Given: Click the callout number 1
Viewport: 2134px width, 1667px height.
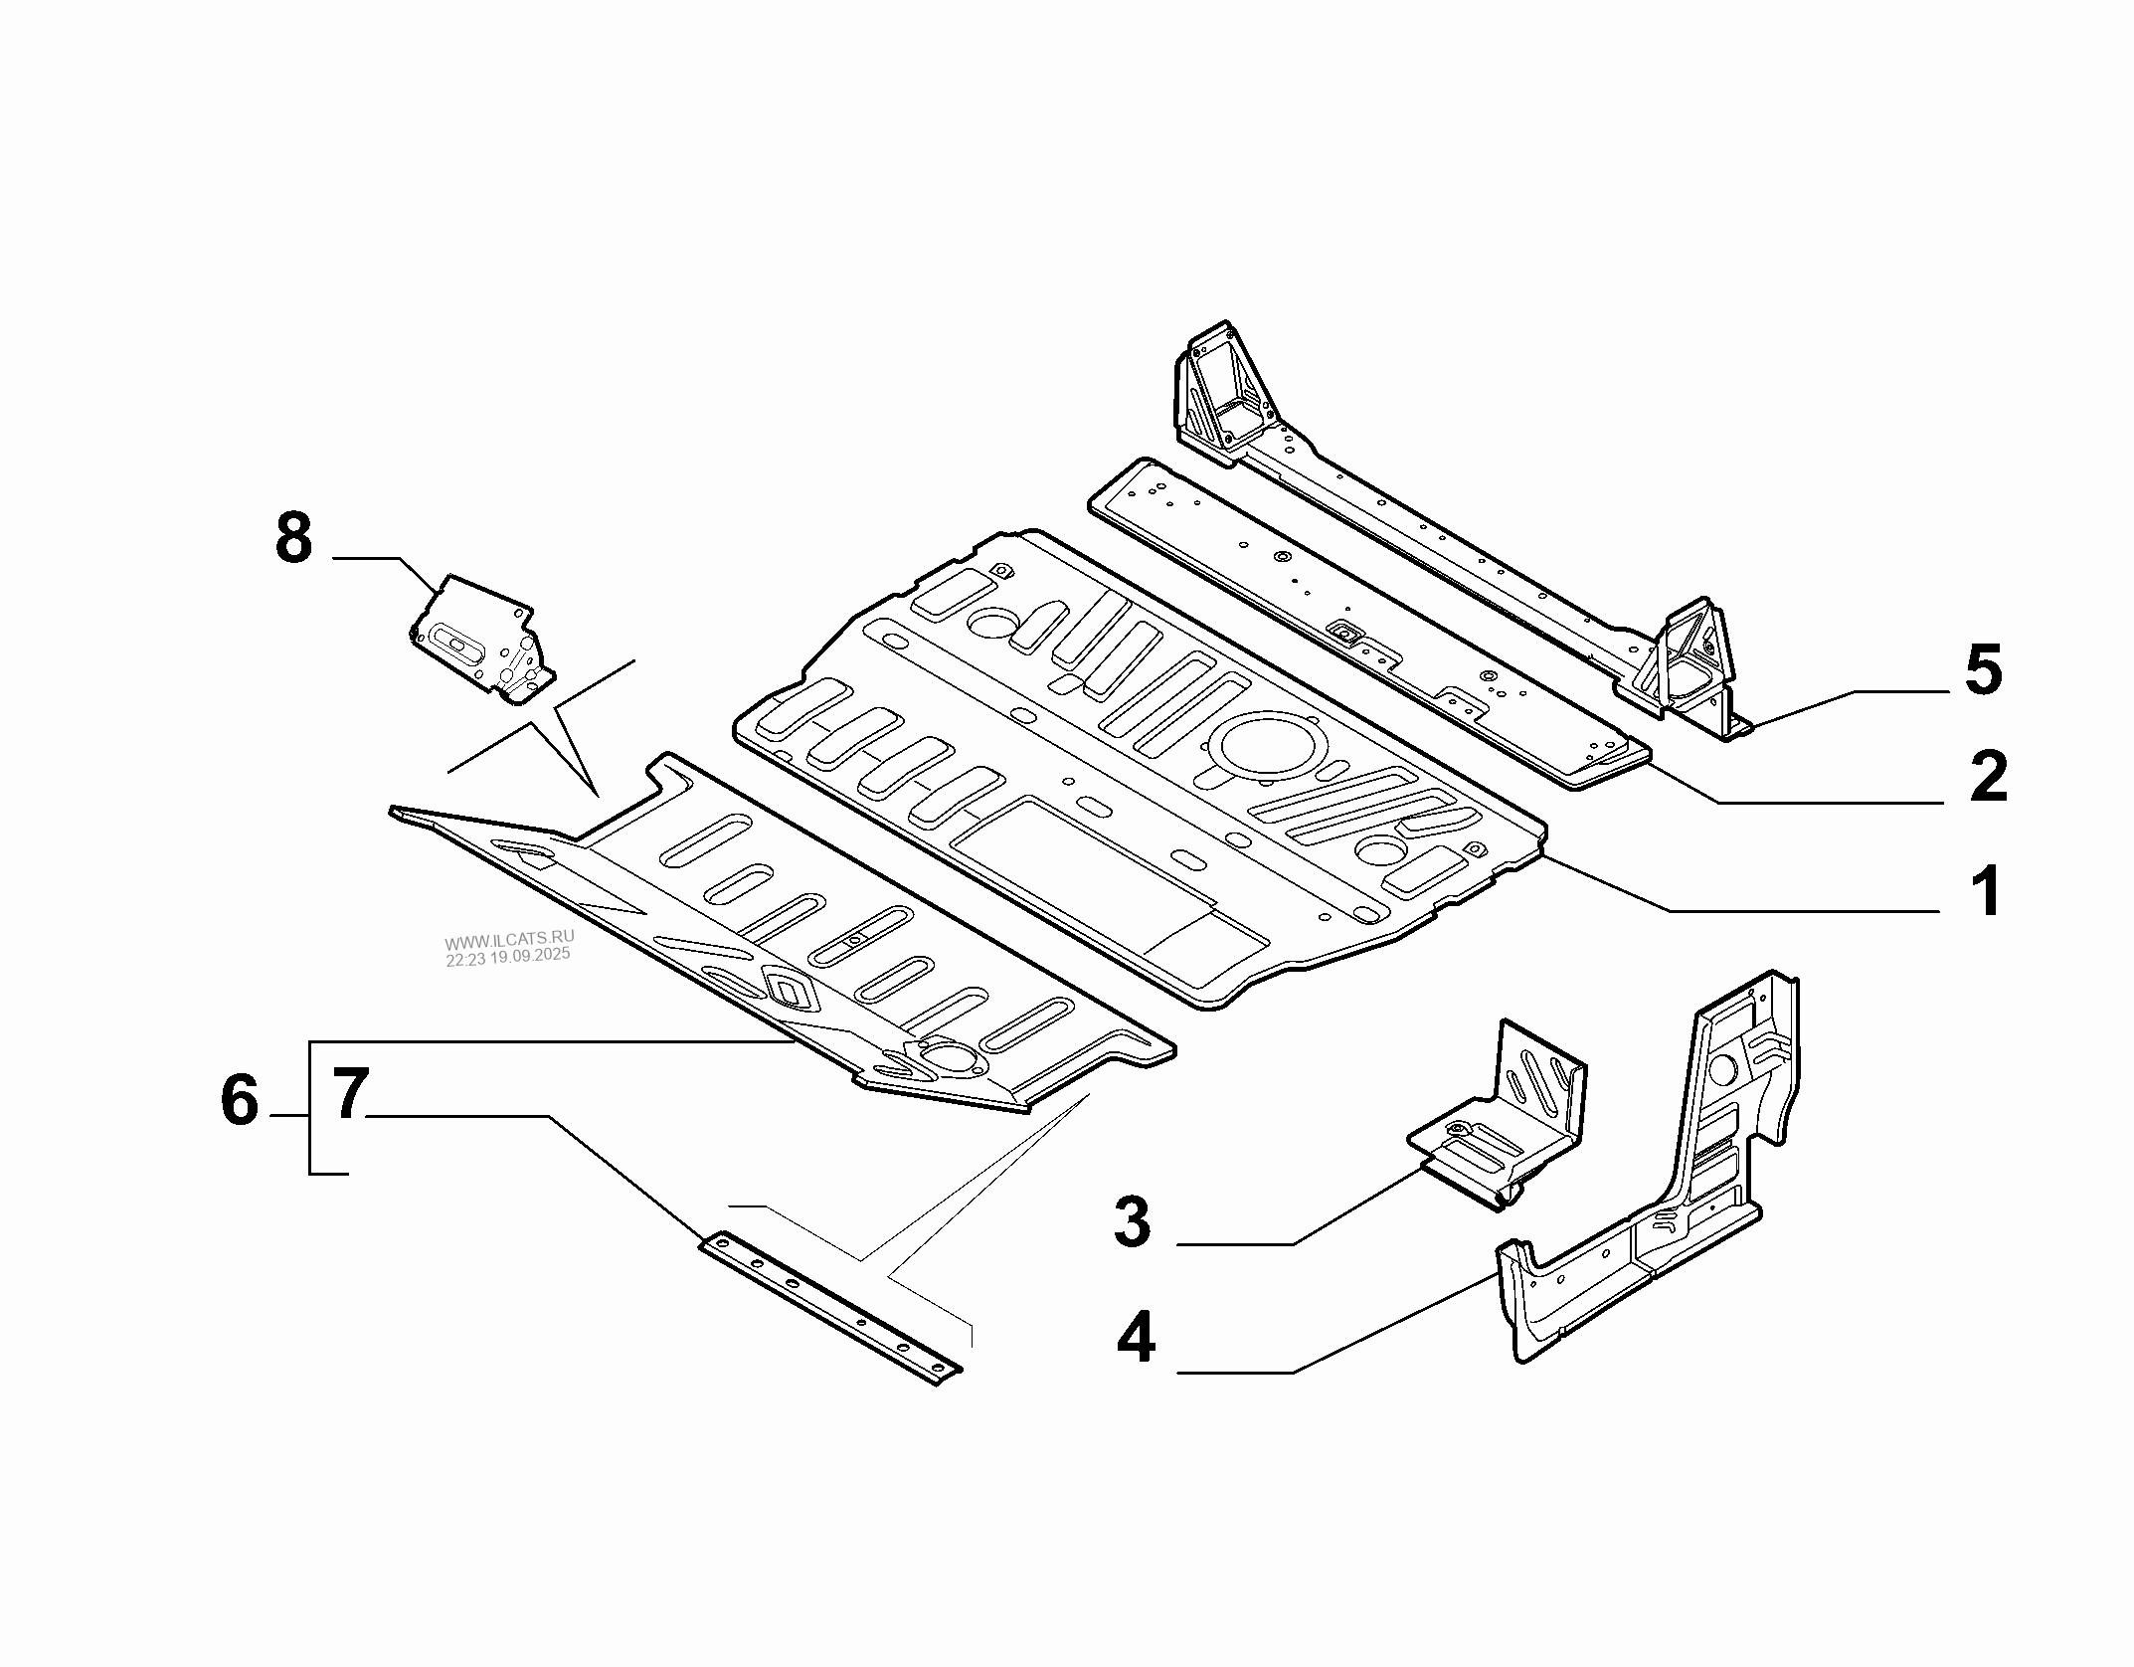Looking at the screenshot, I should tap(1986, 891).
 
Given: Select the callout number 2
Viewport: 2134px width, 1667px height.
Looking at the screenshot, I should tap(1988, 777).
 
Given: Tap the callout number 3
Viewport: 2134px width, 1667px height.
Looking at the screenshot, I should tap(1132, 1222).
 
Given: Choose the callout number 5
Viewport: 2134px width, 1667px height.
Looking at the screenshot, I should tap(1983, 669).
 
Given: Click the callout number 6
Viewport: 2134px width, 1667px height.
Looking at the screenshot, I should tap(239, 1102).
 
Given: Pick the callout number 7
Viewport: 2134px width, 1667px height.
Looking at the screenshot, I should tap(349, 1094).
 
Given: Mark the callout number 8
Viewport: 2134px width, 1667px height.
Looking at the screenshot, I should tap(293, 541).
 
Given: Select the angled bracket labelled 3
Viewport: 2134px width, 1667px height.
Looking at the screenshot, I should tap(1502, 1124).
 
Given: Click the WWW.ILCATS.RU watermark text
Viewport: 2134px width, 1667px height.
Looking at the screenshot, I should tap(509, 940).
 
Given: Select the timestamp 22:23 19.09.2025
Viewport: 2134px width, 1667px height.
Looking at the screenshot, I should tap(507, 956).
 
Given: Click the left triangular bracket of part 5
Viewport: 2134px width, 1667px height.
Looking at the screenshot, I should tap(1223, 393).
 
